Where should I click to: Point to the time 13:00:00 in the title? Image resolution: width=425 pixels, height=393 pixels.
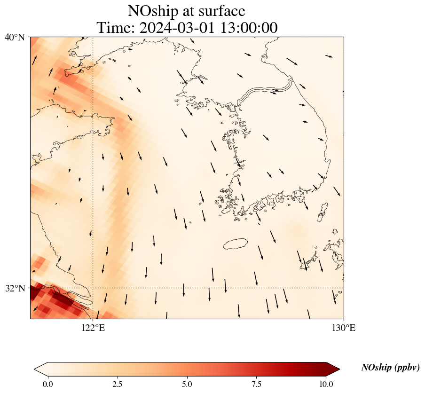tap(247, 28)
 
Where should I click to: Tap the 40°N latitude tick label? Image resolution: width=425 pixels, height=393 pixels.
tap(15, 37)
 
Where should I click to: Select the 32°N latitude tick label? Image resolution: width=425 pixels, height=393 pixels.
tap(15, 288)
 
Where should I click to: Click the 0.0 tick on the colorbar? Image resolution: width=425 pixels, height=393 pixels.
tap(47, 384)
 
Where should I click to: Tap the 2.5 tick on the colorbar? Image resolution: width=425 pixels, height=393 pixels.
tap(118, 384)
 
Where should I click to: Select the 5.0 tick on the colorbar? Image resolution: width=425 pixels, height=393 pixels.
tap(187, 384)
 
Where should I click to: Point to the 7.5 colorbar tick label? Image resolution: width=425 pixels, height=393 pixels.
tap(257, 384)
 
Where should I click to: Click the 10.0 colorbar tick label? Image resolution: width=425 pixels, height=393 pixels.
tap(326, 384)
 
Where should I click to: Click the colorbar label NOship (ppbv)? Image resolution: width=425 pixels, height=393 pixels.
tap(390, 368)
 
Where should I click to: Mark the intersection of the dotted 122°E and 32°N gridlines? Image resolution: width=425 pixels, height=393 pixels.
tap(93, 288)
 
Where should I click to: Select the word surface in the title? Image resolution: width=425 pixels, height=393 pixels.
tap(220, 11)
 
